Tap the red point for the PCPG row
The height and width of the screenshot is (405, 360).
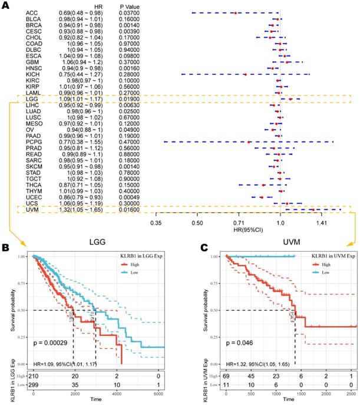[250, 142]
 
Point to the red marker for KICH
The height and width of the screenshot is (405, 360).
[245, 75]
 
